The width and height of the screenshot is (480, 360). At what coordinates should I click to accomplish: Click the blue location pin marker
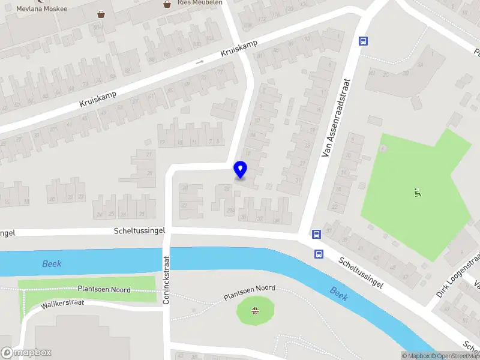click(241, 169)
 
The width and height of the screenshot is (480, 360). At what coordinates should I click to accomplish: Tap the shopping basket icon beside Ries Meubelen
click(167, 4)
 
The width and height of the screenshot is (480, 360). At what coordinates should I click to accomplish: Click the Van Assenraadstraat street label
click(336, 121)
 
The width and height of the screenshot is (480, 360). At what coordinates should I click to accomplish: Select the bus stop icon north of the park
click(363, 41)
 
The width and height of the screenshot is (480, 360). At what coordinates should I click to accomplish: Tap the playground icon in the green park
click(416, 193)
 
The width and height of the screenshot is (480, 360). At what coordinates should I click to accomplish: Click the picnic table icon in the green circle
click(256, 310)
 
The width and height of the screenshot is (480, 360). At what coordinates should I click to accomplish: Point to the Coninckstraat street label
click(167, 280)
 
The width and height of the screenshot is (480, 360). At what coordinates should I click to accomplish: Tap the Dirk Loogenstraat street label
click(458, 276)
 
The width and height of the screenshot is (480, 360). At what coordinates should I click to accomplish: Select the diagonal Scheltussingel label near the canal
click(361, 274)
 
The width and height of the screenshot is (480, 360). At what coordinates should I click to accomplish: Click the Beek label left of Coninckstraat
click(52, 264)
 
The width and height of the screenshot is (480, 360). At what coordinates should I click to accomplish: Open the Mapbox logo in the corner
click(26, 353)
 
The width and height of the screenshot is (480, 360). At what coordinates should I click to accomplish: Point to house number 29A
click(230, 210)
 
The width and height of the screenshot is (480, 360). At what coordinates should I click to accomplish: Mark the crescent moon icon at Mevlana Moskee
click(40, 1)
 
